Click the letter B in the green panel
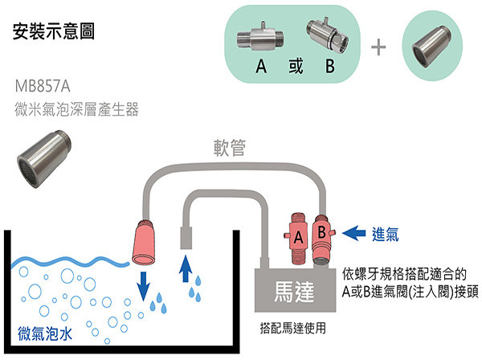(x=329, y=67)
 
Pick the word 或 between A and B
(x=294, y=67)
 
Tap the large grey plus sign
(x=378, y=46)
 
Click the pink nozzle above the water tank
(x=148, y=245)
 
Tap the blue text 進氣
(x=386, y=235)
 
